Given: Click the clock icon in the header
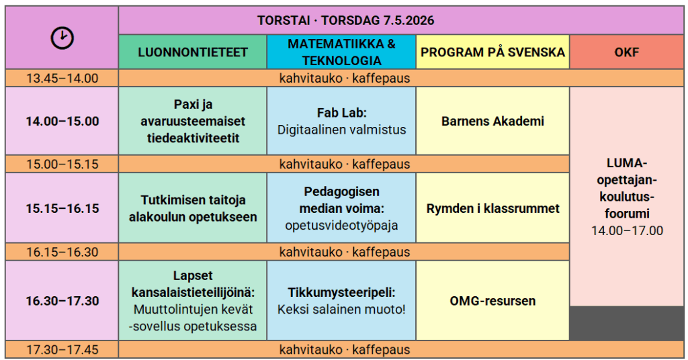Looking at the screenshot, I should [x=62, y=38].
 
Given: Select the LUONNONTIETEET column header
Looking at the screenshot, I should [x=193, y=52].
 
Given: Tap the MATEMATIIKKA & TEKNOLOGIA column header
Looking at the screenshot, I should [x=341, y=52].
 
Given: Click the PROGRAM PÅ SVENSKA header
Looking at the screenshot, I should [x=492, y=52].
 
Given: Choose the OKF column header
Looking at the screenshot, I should [x=626, y=52].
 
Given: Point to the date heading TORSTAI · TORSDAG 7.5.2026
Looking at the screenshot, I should [x=345, y=20].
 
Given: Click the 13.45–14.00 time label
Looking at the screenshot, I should [x=62, y=79].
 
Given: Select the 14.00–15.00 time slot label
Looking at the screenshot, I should [x=62, y=122].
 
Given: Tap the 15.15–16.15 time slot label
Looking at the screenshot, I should [x=62, y=209].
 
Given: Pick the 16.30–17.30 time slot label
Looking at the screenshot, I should [x=62, y=301].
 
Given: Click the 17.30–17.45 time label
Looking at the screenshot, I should [x=62, y=350].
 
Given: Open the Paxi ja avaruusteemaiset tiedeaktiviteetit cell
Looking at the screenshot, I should [x=193, y=122].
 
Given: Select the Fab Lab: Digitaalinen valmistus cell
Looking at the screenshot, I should [x=341, y=122].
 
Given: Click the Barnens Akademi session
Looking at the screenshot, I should [x=492, y=122].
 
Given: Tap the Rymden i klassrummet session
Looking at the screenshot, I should [x=492, y=209].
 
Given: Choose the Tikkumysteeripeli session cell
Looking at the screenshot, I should [x=341, y=301].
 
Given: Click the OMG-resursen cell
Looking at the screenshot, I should [x=492, y=301].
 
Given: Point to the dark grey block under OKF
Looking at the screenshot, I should [x=626, y=324].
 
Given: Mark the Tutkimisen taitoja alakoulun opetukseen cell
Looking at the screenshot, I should [x=193, y=209].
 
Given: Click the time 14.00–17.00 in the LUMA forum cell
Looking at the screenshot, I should [x=626, y=231].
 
